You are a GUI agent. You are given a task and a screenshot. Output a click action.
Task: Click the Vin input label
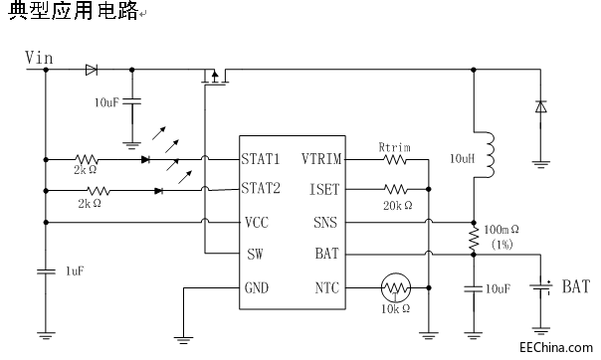click(39, 58)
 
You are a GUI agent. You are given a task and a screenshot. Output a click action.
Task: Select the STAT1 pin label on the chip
click(261, 158)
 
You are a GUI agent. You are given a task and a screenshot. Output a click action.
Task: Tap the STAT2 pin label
click(261, 187)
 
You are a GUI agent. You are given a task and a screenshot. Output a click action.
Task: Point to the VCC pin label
click(255, 222)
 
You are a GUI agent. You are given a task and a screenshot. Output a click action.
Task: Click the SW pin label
click(254, 254)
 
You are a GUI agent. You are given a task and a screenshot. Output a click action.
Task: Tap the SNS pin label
click(326, 222)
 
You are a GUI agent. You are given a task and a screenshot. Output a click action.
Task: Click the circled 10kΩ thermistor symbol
click(396, 288)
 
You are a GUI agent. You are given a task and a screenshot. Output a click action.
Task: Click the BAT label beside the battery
click(576, 287)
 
